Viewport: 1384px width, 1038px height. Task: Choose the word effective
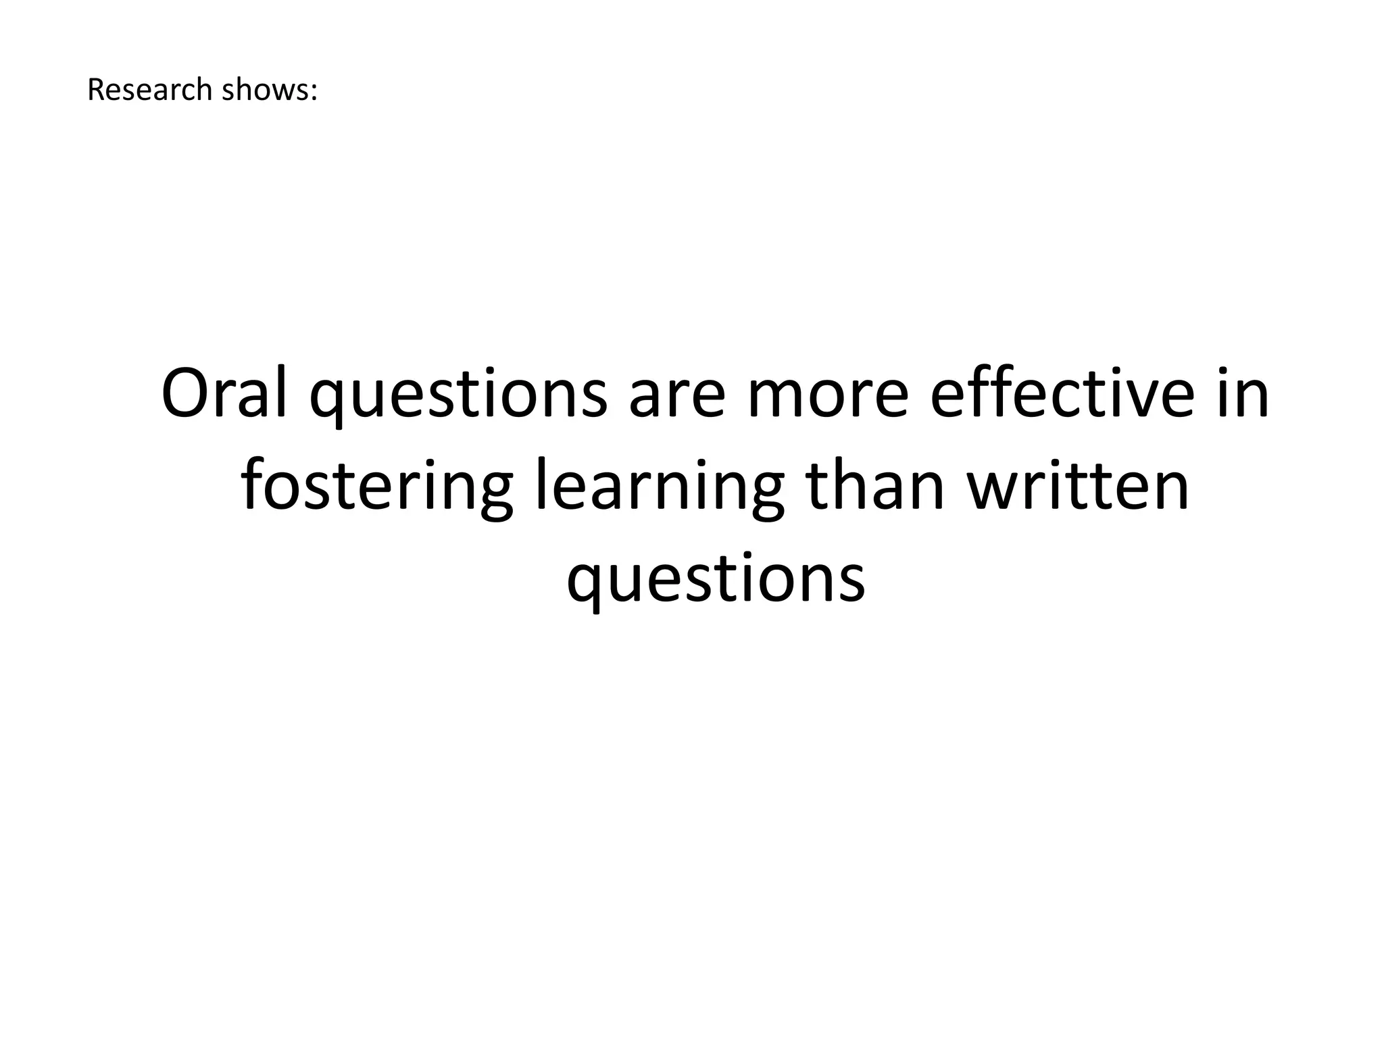(x=1062, y=395)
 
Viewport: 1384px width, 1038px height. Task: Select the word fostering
(x=377, y=488)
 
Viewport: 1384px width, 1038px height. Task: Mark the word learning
(x=660, y=488)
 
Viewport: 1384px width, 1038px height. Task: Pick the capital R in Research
(x=95, y=90)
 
